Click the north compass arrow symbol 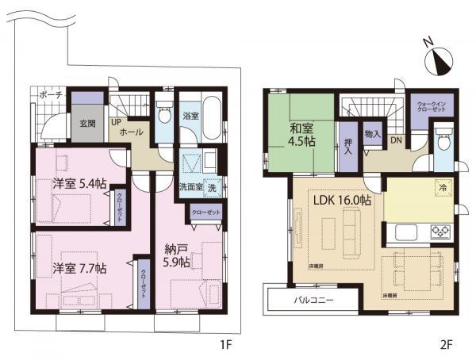pyautogui.click(x=436, y=58)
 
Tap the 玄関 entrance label pyautogui.click(x=87, y=123)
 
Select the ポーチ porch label pyautogui.click(x=52, y=96)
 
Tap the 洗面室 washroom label pyautogui.click(x=191, y=189)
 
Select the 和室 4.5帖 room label pyautogui.click(x=301, y=134)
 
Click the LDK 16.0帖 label pyautogui.click(x=341, y=201)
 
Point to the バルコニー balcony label pyautogui.click(x=314, y=301)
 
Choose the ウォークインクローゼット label pyautogui.click(x=431, y=107)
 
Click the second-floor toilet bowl pyautogui.click(x=443, y=142)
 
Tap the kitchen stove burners pyautogui.click(x=439, y=233)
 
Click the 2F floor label pyautogui.click(x=447, y=344)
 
